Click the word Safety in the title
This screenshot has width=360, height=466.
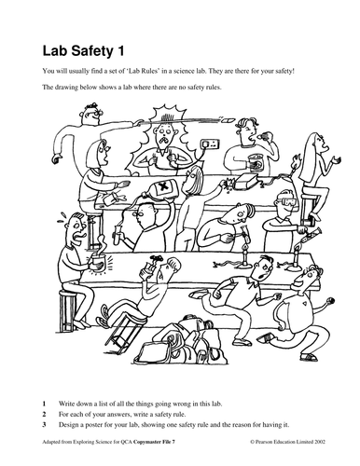(x=92, y=51)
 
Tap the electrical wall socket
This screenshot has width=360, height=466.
(x=210, y=144)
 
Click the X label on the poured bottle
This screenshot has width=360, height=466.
(x=162, y=187)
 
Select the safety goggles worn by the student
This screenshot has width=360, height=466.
(x=285, y=201)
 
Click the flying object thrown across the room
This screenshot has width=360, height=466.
(x=228, y=119)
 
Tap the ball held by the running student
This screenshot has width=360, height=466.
(x=330, y=301)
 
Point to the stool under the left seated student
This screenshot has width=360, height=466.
(x=67, y=310)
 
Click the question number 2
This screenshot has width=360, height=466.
(x=44, y=414)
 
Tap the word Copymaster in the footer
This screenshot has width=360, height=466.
(x=145, y=442)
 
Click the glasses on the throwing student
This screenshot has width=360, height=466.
(x=95, y=113)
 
